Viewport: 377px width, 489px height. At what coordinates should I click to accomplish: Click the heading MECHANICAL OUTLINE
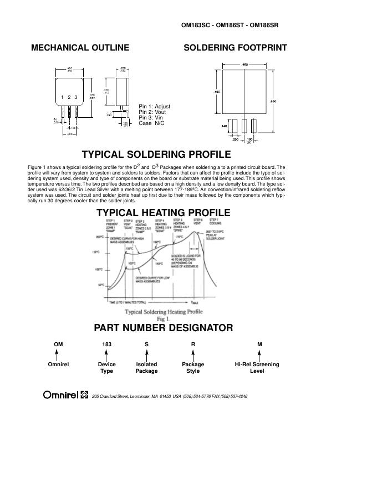point(80,48)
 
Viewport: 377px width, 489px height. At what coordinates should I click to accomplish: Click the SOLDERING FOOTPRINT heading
point(235,48)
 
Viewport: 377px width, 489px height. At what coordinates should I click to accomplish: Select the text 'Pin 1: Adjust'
point(154,107)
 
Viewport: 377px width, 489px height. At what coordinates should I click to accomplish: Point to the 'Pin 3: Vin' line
point(151,118)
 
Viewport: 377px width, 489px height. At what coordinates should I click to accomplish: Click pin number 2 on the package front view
point(69,98)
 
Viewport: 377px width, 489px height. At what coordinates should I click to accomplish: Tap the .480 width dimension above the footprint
point(244,64)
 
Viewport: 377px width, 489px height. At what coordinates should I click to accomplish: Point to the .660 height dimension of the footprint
point(272,101)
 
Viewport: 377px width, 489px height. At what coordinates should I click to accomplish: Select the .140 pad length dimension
point(224,126)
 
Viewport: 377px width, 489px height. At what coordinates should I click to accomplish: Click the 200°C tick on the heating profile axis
point(100,237)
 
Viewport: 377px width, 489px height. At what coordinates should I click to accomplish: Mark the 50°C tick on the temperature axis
point(101,286)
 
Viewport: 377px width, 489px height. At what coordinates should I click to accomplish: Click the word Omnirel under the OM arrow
point(58,365)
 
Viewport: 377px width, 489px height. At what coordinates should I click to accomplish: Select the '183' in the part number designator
point(106,345)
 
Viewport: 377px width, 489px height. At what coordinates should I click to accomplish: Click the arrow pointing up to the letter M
point(259,355)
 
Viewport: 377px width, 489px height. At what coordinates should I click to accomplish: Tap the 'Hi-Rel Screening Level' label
point(257,368)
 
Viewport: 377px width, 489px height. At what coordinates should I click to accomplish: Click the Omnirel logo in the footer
point(65,395)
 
